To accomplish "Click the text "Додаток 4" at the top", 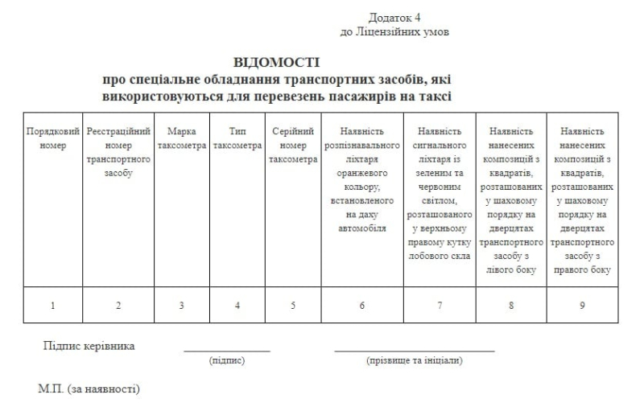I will [394, 17].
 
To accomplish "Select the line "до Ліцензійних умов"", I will [394, 32].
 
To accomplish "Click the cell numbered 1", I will [53, 305].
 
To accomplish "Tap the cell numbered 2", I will [118, 305].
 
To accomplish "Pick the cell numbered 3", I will [181, 305].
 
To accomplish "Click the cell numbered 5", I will [292, 305].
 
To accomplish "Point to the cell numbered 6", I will [362, 305].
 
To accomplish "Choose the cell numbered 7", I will [439, 305].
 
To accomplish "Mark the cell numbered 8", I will [511, 305].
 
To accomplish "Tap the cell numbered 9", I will [582, 305].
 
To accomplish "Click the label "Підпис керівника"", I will [89, 346].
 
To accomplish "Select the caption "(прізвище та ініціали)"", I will [414, 361].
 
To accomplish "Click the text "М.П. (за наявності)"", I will [89, 389].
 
